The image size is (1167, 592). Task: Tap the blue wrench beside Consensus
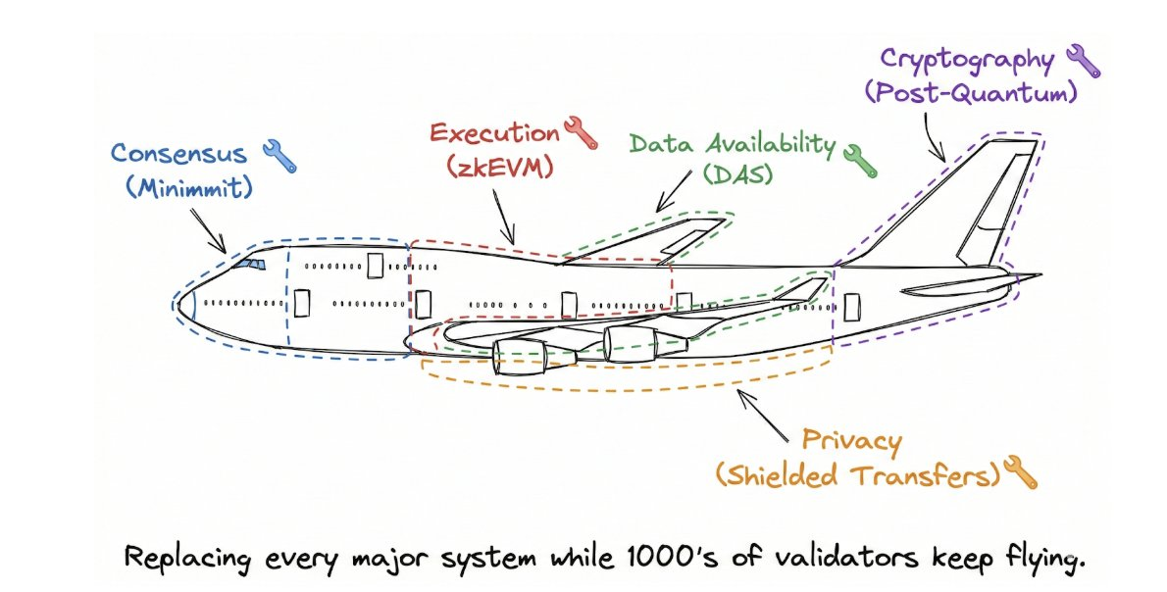(x=279, y=156)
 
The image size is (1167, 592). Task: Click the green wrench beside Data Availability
(x=858, y=160)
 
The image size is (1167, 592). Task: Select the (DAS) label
(x=737, y=176)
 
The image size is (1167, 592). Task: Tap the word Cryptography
(x=967, y=59)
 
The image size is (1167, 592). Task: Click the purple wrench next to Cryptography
(x=1083, y=62)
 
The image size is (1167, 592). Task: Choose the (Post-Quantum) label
(x=971, y=93)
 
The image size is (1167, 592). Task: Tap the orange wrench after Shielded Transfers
(x=1019, y=475)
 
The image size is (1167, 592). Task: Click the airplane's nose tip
(x=179, y=298)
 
